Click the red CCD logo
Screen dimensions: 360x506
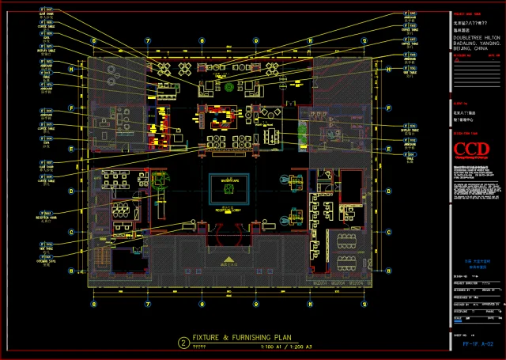coord(466,150)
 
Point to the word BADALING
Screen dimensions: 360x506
coord(466,44)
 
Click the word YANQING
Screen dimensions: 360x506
coord(492,44)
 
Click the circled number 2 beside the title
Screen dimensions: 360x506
coord(183,343)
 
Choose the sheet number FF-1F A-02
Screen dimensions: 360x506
coord(478,344)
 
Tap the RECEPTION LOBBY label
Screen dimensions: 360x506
coord(228,212)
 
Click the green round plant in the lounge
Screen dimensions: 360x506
coord(231,89)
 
